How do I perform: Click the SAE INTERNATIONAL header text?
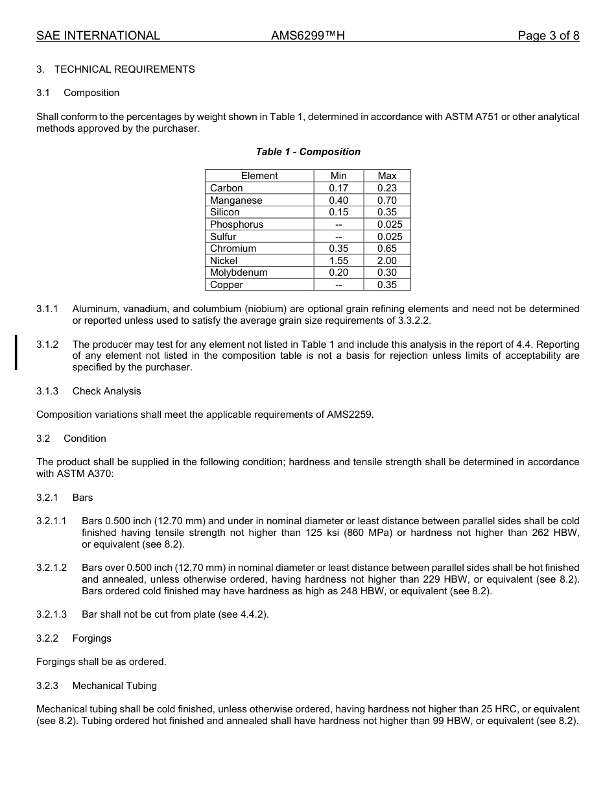[x=98, y=36]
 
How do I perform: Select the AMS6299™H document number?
[x=307, y=36]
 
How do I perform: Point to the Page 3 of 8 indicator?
[x=548, y=36]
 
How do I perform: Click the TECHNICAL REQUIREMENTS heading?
[x=124, y=69]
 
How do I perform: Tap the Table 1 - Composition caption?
[x=308, y=152]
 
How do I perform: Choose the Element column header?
[x=259, y=176]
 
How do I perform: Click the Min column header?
[x=338, y=176]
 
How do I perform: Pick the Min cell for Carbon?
[x=338, y=188]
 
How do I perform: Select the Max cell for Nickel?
[x=386, y=261]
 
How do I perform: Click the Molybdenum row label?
[x=239, y=273]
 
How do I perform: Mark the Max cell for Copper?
[x=386, y=285]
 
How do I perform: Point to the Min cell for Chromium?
[x=338, y=248]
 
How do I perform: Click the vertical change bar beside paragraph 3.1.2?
[x=16, y=352]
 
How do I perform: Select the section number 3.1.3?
[x=47, y=391]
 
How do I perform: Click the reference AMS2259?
[x=349, y=415]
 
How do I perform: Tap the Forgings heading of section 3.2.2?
[x=92, y=638]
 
